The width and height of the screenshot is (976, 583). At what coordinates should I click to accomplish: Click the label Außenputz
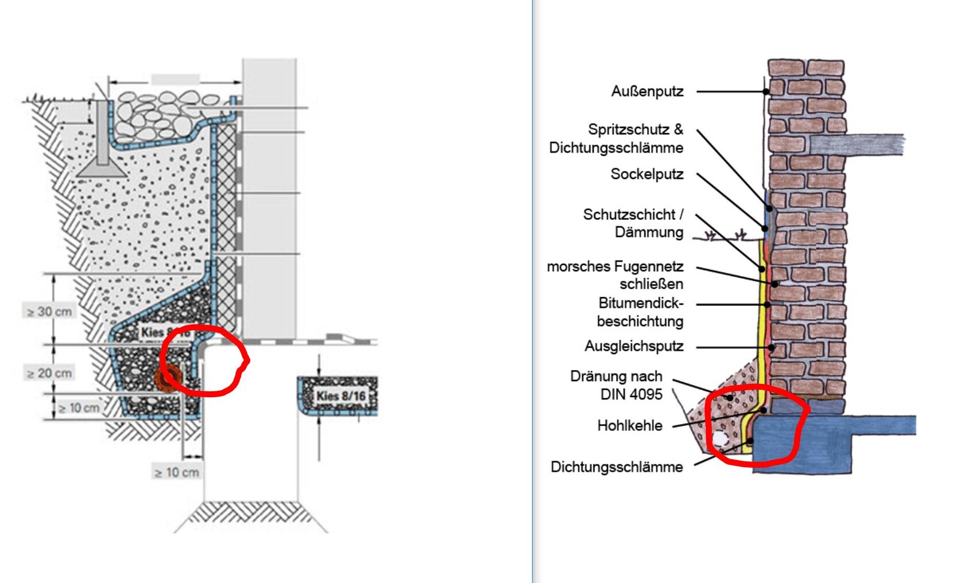tap(647, 91)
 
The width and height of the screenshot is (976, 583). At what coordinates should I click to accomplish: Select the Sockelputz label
tap(646, 174)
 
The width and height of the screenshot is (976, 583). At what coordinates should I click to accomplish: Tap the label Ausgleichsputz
tap(634, 346)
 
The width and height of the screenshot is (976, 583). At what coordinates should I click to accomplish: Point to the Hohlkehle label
tap(630, 425)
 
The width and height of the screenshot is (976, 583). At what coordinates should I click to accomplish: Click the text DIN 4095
tap(631, 394)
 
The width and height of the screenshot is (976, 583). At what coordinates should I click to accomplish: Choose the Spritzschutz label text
tap(629, 129)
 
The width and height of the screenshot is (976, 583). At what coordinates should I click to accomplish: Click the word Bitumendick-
tap(641, 302)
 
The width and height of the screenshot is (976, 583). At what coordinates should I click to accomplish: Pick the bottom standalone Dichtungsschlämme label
tap(617, 467)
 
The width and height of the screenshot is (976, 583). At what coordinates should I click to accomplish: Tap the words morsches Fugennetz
tap(615, 266)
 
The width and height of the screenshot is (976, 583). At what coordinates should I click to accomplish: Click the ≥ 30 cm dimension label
tap(49, 312)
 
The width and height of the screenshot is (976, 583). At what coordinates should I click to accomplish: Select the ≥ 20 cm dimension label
tap(49, 373)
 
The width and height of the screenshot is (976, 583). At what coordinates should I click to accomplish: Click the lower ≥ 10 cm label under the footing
tap(177, 472)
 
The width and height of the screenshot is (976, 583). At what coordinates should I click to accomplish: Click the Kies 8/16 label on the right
tap(341, 396)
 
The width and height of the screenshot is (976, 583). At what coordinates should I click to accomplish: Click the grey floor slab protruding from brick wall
tap(856, 144)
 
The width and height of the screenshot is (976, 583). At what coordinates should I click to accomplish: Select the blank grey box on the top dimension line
tap(175, 79)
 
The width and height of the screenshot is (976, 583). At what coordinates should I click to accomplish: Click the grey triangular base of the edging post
tap(102, 169)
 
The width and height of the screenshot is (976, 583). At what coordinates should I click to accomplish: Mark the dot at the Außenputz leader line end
tap(766, 91)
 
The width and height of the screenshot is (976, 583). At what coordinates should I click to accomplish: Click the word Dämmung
tap(649, 232)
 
